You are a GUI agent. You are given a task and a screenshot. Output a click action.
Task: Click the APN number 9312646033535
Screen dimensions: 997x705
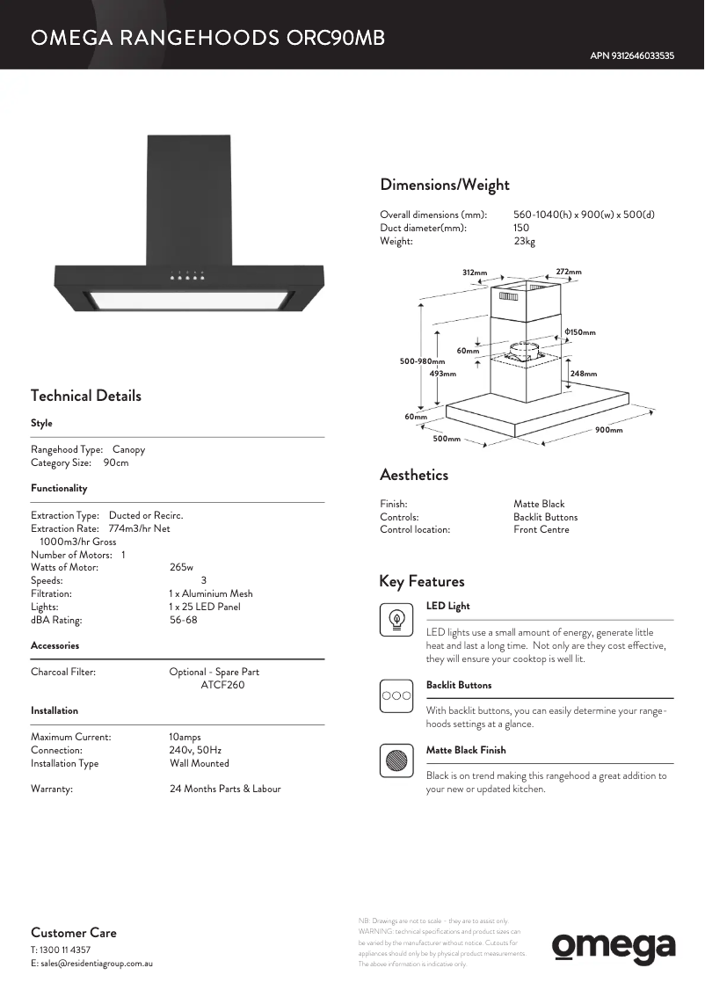click(x=632, y=55)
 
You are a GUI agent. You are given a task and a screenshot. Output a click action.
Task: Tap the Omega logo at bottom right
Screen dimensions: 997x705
click(x=614, y=947)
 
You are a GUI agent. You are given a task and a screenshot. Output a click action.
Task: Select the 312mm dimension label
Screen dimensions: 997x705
click(x=475, y=273)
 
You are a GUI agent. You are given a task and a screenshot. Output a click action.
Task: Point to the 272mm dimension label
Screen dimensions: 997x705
click(x=569, y=272)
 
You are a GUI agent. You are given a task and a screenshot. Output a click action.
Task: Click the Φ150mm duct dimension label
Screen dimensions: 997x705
click(x=580, y=332)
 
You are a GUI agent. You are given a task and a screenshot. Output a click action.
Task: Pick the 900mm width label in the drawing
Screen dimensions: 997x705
click(x=608, y=430)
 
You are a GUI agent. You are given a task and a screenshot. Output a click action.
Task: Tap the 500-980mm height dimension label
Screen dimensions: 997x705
click(x=422, y=361)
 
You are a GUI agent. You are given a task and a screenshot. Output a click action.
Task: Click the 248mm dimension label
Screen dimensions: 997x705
click(x=584, y=374)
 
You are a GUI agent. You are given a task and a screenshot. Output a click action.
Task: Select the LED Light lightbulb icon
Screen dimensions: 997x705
click(x=396, y=619)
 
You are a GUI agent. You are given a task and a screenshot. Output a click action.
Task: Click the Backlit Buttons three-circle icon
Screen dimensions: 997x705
click(x=396, y=695)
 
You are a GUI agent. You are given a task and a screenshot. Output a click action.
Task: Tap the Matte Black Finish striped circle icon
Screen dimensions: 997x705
click(x=396, y=760)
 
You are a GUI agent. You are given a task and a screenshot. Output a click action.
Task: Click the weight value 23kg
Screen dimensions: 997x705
click(x=524, y=241)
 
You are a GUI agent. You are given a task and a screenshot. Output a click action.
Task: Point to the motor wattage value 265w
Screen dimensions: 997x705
click(x=181, y=567)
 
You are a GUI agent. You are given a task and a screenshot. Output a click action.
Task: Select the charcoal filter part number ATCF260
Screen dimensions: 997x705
click(x=222, y=685)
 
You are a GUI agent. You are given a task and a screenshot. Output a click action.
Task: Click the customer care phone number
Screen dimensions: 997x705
click(x=61, y=950)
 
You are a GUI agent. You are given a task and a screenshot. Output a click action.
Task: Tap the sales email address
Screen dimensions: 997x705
click(x=92, y=964)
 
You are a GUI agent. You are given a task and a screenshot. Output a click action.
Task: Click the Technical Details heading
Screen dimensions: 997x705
click(x=86, y=396)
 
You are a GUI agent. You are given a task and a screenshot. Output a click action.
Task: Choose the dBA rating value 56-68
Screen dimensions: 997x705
click(x=183, y=620)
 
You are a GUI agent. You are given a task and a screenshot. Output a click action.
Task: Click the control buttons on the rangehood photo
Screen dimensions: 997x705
click(x=187, y=277)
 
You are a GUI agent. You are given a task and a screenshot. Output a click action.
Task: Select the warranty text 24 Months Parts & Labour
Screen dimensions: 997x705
click(x=225, y=789)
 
